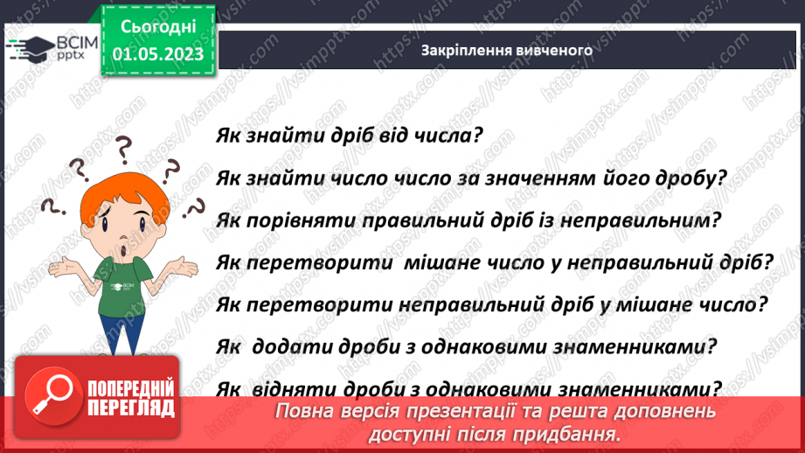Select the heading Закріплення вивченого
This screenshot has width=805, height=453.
point(507,50)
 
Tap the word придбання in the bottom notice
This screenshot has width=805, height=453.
point(571,433)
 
